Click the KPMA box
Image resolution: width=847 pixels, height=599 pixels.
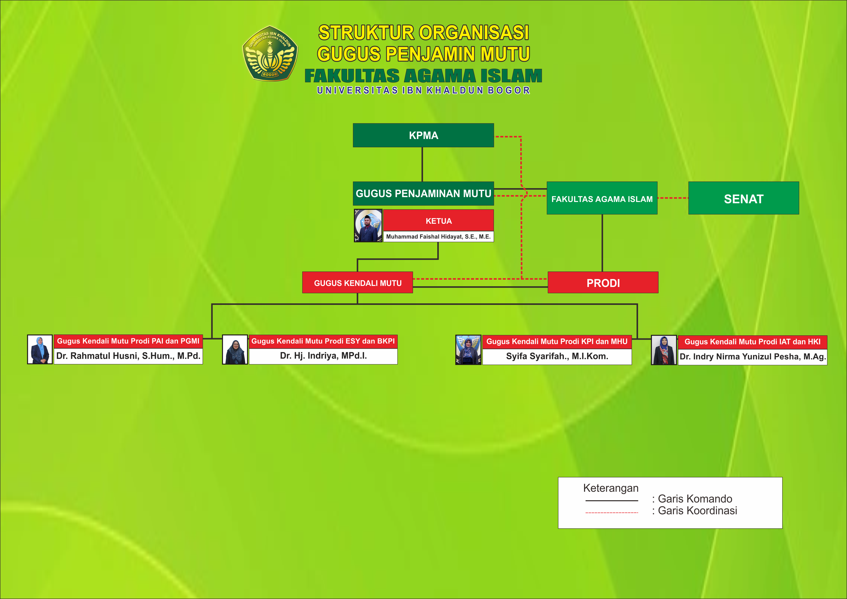pos(423,135)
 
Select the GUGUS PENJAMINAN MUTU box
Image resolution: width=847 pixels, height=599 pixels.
pos(423,194)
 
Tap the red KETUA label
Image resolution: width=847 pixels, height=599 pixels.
pos(438,221)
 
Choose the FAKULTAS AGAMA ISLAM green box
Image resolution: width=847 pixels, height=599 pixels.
pos(602,198)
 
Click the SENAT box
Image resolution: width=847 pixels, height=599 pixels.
pos(744,198)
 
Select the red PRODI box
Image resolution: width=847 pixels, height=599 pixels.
pos(603,283)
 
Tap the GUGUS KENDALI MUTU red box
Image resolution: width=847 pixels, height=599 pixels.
pos(357,283)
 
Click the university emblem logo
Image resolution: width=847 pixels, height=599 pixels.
pos(270,54)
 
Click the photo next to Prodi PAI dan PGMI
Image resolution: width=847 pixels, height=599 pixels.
pos(40,350)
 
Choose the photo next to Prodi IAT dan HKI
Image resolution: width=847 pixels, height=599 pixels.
pos(664,350)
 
